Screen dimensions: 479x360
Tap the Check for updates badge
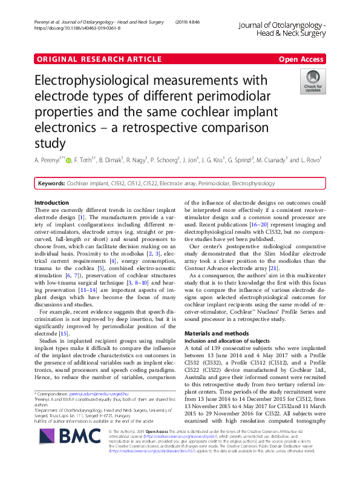point(313,81)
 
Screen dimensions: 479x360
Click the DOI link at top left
point(73,28)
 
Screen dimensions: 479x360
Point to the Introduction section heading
point(51,202)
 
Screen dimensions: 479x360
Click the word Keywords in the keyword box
point(51,183)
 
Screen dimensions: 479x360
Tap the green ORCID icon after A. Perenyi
point(68,160)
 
